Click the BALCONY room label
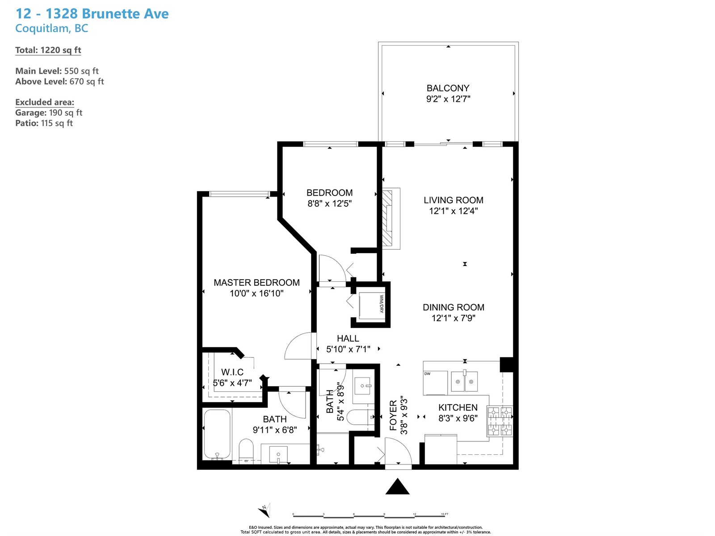[x=448, y=88]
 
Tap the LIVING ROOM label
[x=454, y=200]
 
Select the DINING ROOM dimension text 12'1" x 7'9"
[x=454, y=318]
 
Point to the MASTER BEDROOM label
[x=257, y=282]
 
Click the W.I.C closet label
[x=232, y=372]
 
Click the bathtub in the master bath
[x=217, y=434]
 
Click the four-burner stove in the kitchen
[x=500, y=421]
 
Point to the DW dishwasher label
[x=427, y=373]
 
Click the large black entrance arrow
[x=397, y=486]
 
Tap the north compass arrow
[x=265, y=510]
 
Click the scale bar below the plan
[x=370, y=515]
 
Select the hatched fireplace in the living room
[x=387, y=218]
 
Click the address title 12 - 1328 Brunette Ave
[x=92, y=14]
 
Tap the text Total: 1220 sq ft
[x=48, y=50]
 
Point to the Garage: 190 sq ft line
[x=49, y=113]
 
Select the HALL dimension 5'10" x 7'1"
[x=348, y=349]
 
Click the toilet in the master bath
[x=246, y=449]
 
